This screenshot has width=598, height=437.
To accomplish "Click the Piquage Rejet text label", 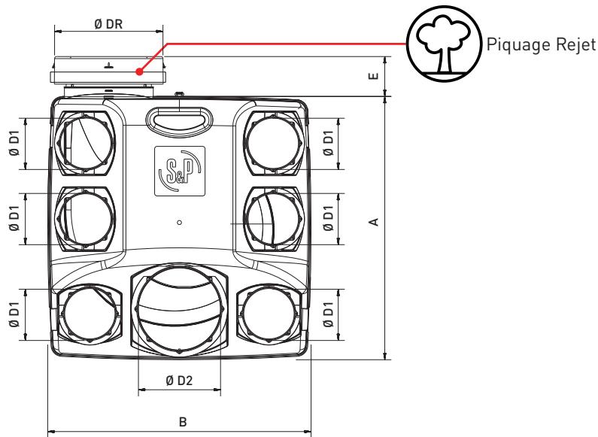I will (540, 43).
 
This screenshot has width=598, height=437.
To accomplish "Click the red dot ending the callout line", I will (139, 72).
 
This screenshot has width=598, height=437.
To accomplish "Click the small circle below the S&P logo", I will (179, 223).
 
